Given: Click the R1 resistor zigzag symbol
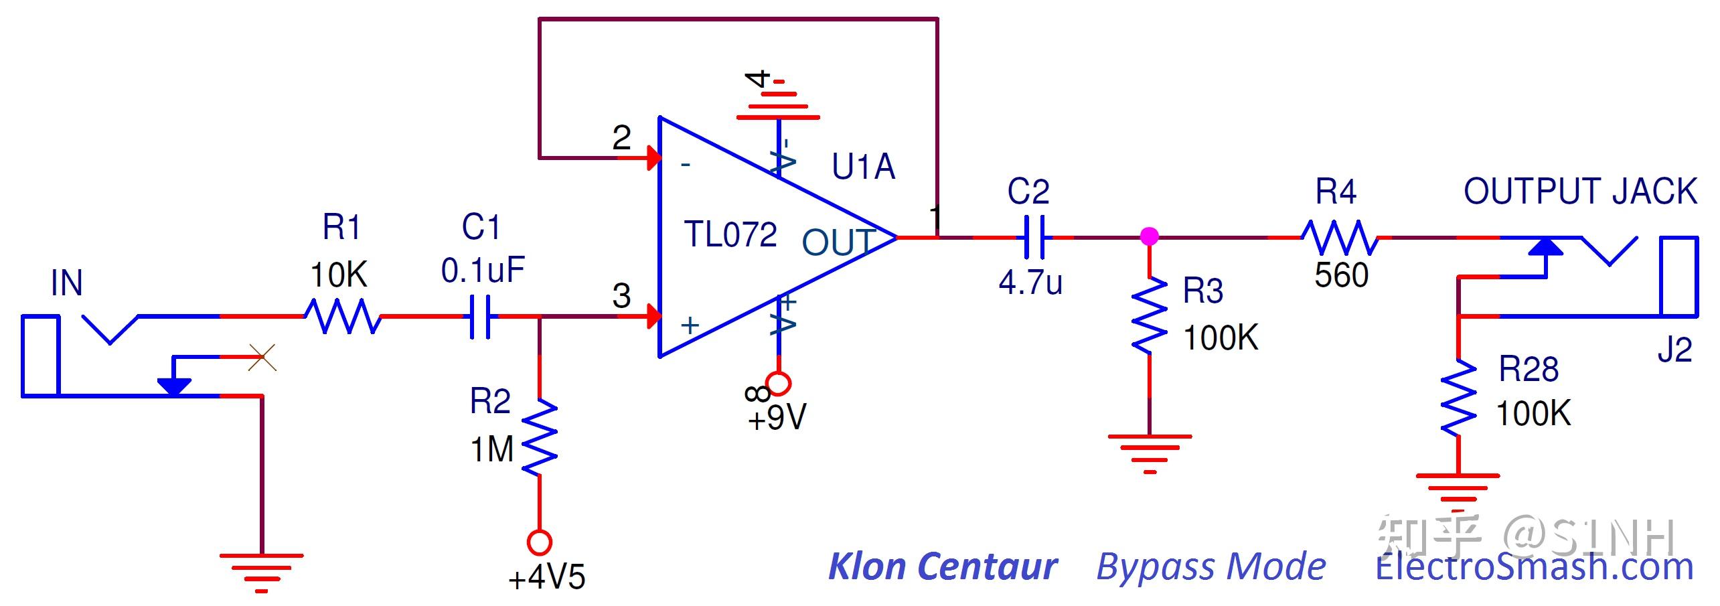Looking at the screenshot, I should click(343, 316).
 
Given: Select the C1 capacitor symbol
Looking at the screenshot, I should click(480, 316).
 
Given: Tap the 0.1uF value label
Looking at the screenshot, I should click(482, 271).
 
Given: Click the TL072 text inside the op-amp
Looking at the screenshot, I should click(730, 235).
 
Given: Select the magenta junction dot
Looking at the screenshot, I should click(1149, 236).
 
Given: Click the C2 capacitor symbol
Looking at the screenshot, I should click(1034, 237).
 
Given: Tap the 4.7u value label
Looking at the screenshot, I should click(1030, 283).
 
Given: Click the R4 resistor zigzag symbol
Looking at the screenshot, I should click(1339, 238).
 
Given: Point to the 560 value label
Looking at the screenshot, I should click(1341, 275).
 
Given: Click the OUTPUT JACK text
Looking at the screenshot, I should click(1579, 192).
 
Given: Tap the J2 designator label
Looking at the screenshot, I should click(1674, 350).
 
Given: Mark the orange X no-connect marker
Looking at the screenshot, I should click(262, 358).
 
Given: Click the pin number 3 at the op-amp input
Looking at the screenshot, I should click(621, 296).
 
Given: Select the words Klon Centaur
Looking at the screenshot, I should click(942, 566).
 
